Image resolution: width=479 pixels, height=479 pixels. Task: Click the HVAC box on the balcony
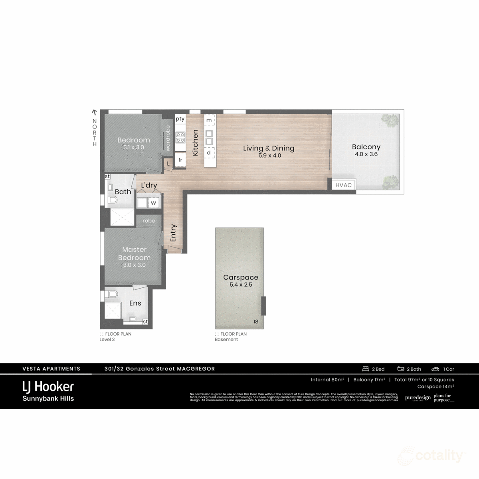tap(343, 185)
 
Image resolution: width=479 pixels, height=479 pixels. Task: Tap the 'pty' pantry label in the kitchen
tap(180, 119)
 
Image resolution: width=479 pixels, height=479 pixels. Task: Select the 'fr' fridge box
tap(180, 160)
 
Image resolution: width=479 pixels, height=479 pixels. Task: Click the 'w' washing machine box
tap(153, 203)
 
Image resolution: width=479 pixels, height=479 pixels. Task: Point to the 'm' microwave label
tap(209, 120)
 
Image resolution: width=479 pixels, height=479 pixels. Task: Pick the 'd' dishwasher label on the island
tap(209, 152)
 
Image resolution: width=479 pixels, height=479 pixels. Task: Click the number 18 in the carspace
tap(256, 322)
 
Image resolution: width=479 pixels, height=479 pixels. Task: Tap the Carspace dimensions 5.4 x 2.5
tap(241, 285)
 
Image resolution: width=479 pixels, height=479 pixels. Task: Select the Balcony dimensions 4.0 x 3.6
tap(366, 154)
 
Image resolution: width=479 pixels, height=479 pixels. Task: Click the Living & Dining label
tap(269, 148)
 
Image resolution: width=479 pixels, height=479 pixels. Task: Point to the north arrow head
tap(95, 113)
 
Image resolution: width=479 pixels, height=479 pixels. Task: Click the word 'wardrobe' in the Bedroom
tap(168, 138)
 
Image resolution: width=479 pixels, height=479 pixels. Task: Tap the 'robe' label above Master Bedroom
tap(148, 221)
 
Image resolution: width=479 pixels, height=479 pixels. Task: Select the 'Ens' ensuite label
tap(135, 303)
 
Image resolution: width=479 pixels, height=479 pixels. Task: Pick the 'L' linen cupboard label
tap(168, 164)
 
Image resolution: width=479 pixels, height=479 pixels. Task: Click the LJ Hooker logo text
tap(48, 386)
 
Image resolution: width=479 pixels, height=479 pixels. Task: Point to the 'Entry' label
tap(173, 233)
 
